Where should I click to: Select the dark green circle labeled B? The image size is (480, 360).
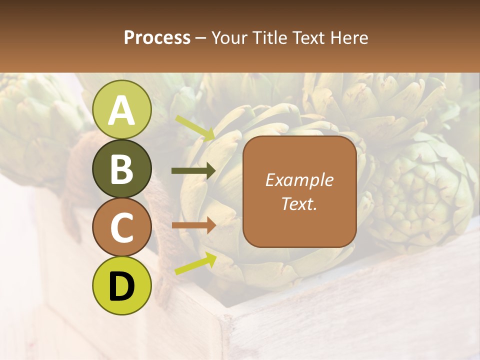click(121, 168)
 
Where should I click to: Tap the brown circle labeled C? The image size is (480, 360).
click(121, 227)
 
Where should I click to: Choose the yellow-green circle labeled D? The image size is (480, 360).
click(121, 285)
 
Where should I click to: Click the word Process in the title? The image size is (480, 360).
click(157, 37)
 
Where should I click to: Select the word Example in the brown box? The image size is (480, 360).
click(299, 180)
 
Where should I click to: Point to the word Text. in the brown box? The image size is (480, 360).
click(299, 203)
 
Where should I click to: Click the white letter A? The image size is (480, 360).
click(121, 110)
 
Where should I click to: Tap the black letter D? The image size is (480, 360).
click(121, 286)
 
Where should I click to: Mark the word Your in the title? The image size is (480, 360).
click(229, 37)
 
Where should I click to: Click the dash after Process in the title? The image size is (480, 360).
click(200, 38)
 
